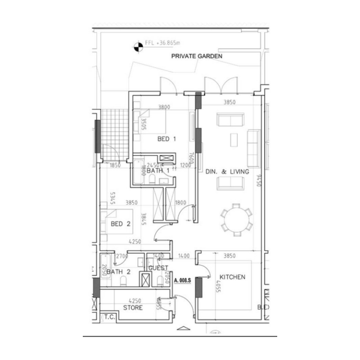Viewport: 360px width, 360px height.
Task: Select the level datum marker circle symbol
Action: pyautogui.click(x=138, y=45)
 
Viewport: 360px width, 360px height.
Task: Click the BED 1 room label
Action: pyautogui.click(x=166, y=139)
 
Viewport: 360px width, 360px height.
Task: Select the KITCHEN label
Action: pyautogui.click(x=232, y=277)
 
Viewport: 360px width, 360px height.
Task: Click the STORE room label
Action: pyautogui.click(x=133, y=308)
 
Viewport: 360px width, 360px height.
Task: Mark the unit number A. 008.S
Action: pyautogui.click(x=183, y=280)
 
